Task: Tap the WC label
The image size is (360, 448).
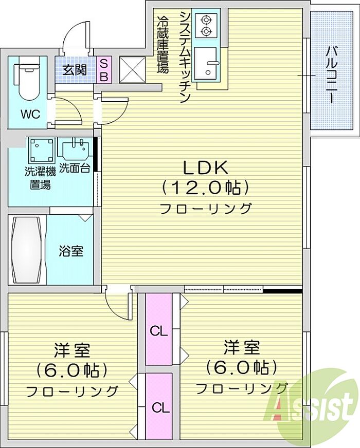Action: click(x=30, y=114)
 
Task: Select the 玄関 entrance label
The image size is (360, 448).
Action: click(x=75, y=69)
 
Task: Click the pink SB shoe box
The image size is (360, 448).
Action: click(x=104, y=70)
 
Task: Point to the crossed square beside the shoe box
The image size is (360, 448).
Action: click(x=132, y=70)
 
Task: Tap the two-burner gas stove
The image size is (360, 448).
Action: click(x=206, y=25)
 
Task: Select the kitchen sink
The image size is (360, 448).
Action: click(x=206, y=63)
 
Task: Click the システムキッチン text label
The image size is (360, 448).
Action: click(x=185, y=57)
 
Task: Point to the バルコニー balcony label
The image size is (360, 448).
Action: click(x=331, y=75)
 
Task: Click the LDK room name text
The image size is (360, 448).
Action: click(x=205, y=167)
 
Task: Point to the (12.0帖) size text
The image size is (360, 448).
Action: click(x=205, y=188)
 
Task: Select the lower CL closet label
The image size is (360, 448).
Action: click(x=160, y=408)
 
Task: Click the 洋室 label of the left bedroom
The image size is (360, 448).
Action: click(x=72, y=350)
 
